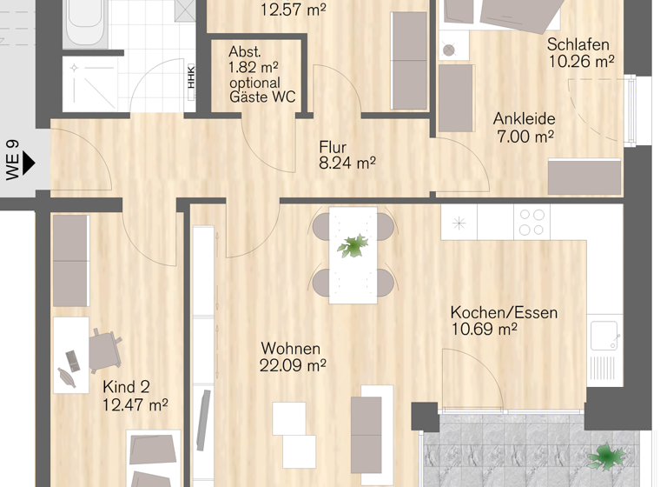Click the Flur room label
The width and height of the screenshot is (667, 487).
point(333,146)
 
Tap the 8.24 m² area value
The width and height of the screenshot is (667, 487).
point(347,163)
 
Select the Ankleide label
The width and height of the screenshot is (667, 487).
point(524,119)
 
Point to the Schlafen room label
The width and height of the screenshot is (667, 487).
point(578,44)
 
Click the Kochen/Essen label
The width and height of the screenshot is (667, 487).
point(504,312)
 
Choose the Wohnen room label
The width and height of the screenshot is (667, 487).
point(290,349)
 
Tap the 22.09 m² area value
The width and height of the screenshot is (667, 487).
point(293,366)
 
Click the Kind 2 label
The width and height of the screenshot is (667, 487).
point(127,387)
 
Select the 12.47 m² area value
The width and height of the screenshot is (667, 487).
point(135,404)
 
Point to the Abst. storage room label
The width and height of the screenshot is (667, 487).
point(245,51)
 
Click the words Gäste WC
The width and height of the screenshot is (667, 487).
point(262,97)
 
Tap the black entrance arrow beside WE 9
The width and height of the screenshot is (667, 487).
point(28,162)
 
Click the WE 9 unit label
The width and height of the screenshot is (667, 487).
point(12,160)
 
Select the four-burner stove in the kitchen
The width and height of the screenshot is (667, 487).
point(531,222)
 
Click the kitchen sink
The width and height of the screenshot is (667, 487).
point(604,334)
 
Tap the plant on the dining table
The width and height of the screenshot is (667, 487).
point(353,246)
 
